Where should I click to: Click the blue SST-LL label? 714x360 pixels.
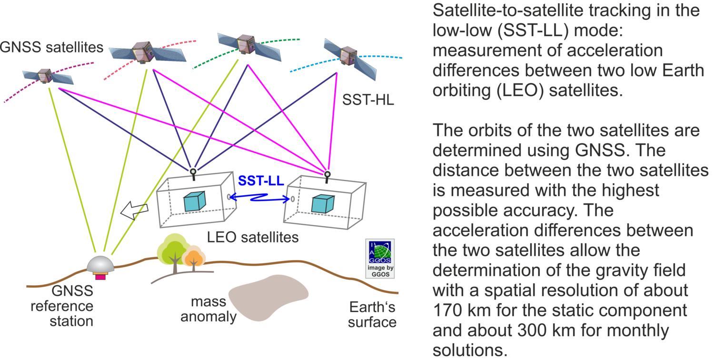tap(261, 180)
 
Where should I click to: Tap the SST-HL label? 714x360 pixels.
tap(367, 100)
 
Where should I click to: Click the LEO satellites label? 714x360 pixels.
tap(253, 237)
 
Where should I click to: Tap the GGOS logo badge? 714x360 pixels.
tap(379, 258)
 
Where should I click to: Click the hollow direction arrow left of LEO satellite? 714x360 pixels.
tap(134, 210)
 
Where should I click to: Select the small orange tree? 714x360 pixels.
tap(194, 258)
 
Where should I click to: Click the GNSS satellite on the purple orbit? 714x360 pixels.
tap(44, 76)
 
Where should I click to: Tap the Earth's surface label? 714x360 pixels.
tap(372, 314)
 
